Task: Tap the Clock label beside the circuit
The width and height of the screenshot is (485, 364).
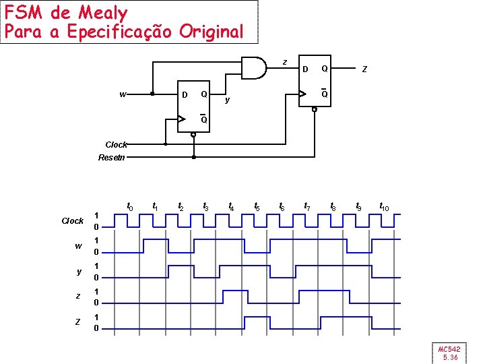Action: (116, 144)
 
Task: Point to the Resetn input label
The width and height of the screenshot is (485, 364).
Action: (111, 158)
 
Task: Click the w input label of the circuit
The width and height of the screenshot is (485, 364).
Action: (123, 94)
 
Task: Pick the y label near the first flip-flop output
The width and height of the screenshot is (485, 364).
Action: (228, 100)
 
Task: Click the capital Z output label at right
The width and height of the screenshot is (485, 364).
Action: (364, 69)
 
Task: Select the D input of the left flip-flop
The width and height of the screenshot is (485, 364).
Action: (185, 94)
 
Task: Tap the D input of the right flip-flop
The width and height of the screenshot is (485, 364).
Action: (305, 69)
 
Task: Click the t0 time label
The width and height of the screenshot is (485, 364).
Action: (130, 206)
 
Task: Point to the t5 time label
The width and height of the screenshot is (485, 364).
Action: (257, 206)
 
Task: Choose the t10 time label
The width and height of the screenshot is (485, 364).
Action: (384, 206)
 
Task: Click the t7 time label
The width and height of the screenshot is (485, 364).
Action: (307, 206)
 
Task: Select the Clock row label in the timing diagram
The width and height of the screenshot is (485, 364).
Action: (72, 221)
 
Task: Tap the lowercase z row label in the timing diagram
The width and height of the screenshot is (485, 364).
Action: (78, 297)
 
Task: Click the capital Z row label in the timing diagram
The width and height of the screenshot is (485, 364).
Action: (78, 322)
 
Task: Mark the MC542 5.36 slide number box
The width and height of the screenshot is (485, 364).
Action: (449, 353)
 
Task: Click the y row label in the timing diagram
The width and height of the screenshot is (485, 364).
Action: (78, 272)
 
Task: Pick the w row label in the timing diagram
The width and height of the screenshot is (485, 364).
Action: (78, 246)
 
